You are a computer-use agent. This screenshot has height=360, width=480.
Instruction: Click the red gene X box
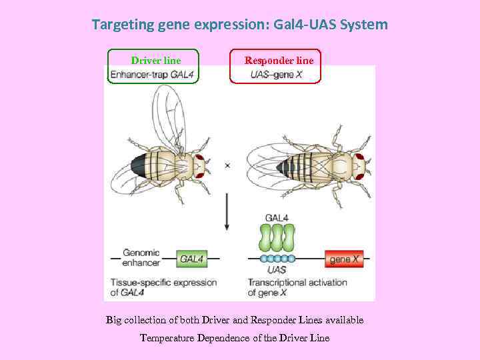click(x=344, y=258)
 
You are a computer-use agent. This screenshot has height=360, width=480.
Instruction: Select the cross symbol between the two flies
click(x=227, y=165)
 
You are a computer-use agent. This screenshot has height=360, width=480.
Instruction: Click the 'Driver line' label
click(x=155, y=61)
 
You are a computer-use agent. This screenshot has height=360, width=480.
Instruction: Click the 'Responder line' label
click(x=279, y=61)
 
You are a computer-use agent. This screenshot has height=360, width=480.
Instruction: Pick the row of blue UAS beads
click(x=277, y=259)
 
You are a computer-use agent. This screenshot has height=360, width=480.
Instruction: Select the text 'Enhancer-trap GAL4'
click(x=152, y=75)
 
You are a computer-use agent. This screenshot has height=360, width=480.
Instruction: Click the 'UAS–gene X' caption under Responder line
click(x=276, y=75)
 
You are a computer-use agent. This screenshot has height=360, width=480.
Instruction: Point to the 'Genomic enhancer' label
click(x=141, y=257)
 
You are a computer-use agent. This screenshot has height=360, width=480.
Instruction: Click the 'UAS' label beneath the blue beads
click(x=277, y=270)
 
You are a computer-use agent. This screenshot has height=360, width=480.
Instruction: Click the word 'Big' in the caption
click(x=114, y=320)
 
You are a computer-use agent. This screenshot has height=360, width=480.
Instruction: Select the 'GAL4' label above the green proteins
click(x=277, y=217)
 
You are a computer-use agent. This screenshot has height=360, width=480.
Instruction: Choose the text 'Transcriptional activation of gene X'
click(x=297, y=287)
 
